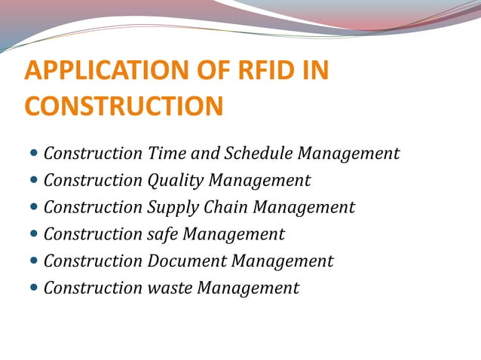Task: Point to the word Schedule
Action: (257, 154)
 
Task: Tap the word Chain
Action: (227, 207)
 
